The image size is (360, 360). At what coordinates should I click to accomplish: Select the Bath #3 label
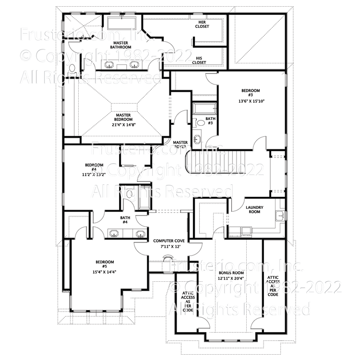210,121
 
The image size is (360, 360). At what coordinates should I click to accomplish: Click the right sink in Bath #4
140,234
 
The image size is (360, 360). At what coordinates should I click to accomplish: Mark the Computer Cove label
167,243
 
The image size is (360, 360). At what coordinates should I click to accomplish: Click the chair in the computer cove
168,258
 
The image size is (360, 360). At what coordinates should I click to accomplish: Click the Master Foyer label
180,144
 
